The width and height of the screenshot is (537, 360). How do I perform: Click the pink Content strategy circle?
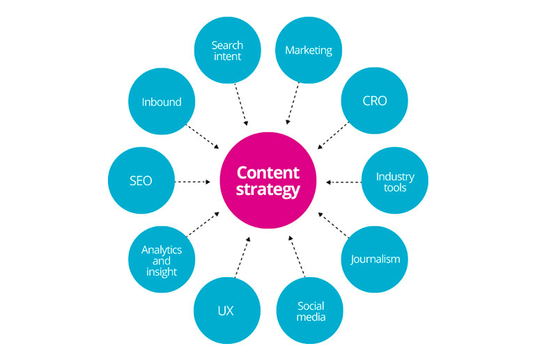pos(268,180)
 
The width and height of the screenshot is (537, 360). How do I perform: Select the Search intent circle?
pos(227,49)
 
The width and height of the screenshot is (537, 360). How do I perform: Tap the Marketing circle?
pos(309,49)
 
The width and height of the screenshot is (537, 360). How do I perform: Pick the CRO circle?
pos(374,101)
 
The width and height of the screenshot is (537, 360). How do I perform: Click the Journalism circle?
pos(375,259)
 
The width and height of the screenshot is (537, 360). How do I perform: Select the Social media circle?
pos(310,311)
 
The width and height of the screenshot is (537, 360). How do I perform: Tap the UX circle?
pos(225,310)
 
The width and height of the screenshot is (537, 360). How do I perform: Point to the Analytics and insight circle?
pos(162,259)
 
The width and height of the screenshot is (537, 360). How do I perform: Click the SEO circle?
pos(141,180)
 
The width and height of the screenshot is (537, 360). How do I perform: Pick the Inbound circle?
pos(162,102)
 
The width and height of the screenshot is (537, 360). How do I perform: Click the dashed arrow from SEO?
pos(192,181)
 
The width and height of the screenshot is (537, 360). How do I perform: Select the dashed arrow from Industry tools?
pos(343,182)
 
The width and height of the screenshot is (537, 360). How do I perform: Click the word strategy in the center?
pos(268,189)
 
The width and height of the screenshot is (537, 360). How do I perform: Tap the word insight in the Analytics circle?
pos(162,272)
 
